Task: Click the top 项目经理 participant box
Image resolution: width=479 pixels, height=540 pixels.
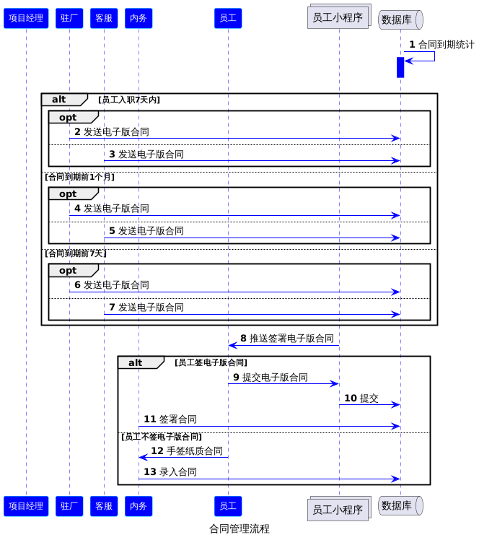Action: pyautogui.click(x=26, y=18)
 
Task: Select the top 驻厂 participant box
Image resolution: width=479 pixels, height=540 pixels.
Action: pyautogui.click(x=69, y=18)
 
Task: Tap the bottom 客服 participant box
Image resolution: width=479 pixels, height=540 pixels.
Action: pyautogui.click(x=104, y=506)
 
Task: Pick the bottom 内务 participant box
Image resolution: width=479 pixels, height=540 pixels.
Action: pyautogui.click(x=139, y=506)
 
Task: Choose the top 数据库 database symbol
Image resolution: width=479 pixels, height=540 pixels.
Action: pyautogui.click(x=400, y=19)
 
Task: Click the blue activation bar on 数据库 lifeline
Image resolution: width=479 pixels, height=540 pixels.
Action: pyautogui.click(x=400, y=68)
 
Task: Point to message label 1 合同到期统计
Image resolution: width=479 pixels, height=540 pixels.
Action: pyautogui.click(x=441, y=45)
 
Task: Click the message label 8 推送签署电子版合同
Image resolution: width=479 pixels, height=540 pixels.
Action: pyautogui.click(x=287, y=338)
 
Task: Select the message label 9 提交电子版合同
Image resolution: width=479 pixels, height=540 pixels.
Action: pyautogui.click(x=271, y=377)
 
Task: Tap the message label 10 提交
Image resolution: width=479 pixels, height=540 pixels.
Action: pyautogui.click(x=361, y=398)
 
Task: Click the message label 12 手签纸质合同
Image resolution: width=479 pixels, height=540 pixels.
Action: pyautogui.click(x=187, y=450)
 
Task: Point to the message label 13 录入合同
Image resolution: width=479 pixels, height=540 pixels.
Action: pyautogui.click(x=170, y=472)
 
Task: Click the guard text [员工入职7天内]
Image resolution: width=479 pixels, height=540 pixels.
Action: pyautogui.click(x=129, y=100)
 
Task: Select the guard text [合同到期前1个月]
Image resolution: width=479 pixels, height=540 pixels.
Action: pyautogui.click(x=80, y=177)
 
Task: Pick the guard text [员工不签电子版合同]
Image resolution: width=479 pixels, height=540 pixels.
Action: pyautogui.click(x=162, y=437)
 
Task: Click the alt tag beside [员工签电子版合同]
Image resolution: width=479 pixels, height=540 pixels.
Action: pyautogui.click(x=135, y=362)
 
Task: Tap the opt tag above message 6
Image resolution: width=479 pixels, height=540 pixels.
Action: pyautogui.click(x=68, y=271)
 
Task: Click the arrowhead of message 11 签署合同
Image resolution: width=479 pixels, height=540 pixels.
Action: pyautogui.click(x=396, y=427)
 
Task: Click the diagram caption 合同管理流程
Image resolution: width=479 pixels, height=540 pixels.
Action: pyautogui.click(x=239, y=528)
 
